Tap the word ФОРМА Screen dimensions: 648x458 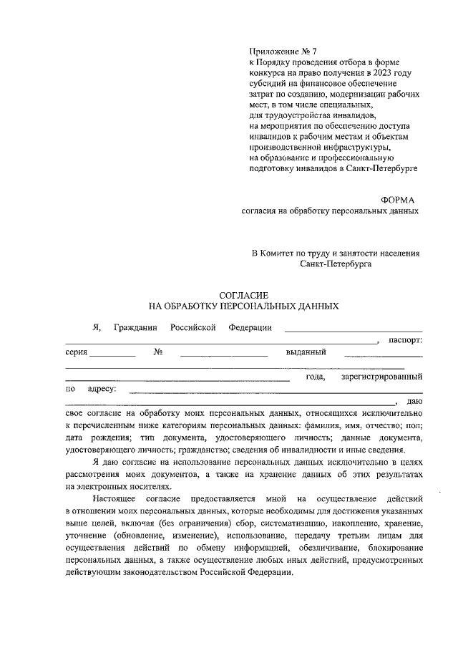[x=398, y=200]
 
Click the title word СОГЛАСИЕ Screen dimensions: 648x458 [x=243, y=294]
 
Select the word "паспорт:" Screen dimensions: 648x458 [x=405, y=339]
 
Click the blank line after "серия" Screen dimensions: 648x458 [x=113, y=354]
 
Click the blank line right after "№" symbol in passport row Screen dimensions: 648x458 [x=224, y=354]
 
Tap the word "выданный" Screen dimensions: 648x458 [x=306, y=352]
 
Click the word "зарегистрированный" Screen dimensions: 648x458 [x=381, y=376]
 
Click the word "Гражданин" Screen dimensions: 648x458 [x=136, y=327]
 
